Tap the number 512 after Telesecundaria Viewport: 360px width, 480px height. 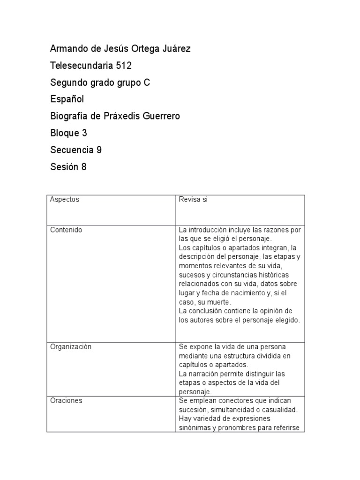[x=124, y=66]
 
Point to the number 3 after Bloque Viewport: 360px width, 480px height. [x=84, y=133]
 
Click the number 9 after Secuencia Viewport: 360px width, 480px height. [x=99, y=150]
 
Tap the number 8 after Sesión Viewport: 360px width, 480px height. [x=84, y=167]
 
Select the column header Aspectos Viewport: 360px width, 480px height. [x=65, y=199]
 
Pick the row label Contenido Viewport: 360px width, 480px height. [x=66, y=230]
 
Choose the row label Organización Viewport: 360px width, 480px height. [x=71, y=347]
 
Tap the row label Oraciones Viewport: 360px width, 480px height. [x=66, y=401]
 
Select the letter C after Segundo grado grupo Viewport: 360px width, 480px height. [x=147, y=82]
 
